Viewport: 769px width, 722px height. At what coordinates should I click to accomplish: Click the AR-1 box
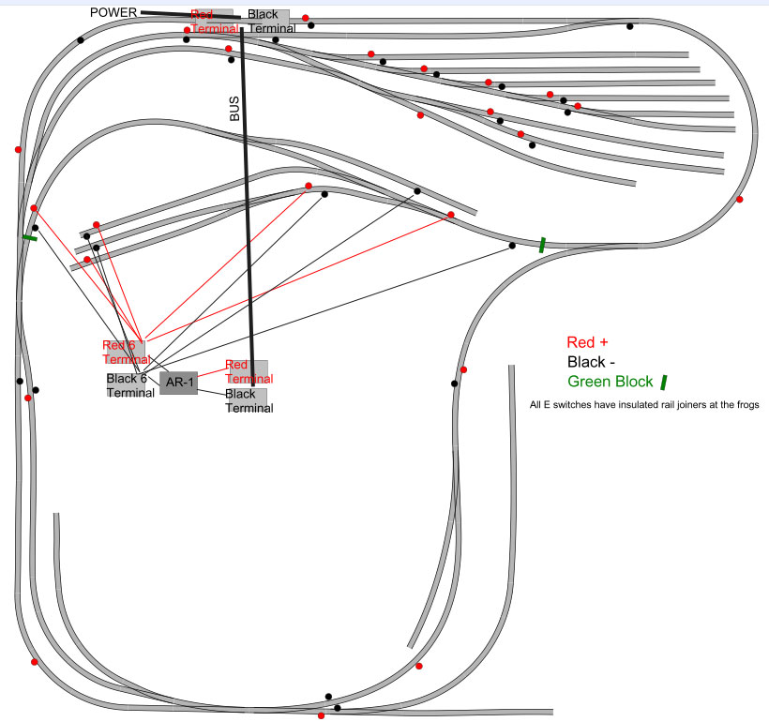[x=178, y=383]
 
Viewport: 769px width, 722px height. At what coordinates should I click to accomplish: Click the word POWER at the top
[x=113, y=12]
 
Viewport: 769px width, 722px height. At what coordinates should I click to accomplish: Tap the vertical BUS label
[x=234, y=112]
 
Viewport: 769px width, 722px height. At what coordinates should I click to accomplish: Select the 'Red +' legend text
[x=588, y=342]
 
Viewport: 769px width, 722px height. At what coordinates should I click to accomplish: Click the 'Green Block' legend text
[x=611, y=382]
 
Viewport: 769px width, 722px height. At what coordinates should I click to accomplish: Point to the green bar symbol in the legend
[x=664, y=382]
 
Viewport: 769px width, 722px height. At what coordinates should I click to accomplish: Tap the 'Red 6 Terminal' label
[x=126, y=352]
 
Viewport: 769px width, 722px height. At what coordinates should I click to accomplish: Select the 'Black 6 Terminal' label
[x=129, y=385]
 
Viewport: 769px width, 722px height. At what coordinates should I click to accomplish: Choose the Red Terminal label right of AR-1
[x=249, y=371]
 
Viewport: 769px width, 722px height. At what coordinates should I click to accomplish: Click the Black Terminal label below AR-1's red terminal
[x=248, y=400]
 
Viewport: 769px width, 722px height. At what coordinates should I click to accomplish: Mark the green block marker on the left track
[x=30, y=238]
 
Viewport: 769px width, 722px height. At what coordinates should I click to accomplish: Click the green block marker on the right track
[x=542, y=246]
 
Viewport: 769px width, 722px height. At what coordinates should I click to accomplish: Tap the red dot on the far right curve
[x=740, y=199]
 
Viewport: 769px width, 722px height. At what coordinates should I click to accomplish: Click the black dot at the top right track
[x=630, y=25]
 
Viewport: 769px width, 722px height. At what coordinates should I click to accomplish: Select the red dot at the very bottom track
[x=321, y=715]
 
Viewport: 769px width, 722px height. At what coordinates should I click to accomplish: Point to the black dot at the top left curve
[x=81, y=39]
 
